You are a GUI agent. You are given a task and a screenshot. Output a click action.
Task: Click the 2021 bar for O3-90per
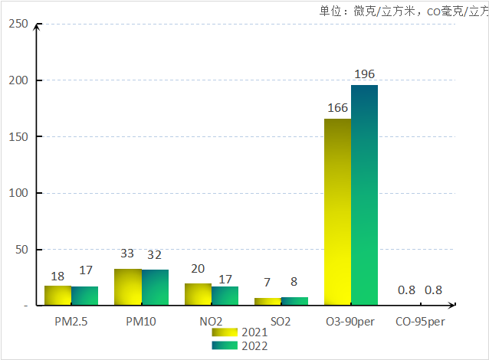coord(337,211)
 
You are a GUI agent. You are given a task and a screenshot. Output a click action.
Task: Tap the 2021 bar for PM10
coord(128,286)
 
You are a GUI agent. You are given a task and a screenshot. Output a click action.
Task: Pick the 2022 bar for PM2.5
coord(85,296)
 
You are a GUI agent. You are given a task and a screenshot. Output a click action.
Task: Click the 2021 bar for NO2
coord(198,294)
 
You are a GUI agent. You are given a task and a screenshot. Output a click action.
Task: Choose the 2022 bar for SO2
coord(294,301)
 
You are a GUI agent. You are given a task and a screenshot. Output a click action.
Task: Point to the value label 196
coord(365,74)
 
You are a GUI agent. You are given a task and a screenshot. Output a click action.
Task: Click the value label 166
coord(338,108)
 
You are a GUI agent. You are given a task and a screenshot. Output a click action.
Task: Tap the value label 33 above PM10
coord(127,254)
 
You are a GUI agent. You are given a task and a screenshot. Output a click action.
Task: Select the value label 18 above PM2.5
coord(57,276)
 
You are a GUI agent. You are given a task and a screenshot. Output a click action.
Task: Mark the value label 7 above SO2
coord(267,283)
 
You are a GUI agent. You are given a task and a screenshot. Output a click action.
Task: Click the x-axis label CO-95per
coord(420,322)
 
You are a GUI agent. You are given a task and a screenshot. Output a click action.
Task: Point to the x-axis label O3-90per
coord(350,322)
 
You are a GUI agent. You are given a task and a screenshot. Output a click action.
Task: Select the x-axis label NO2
coord(211,322)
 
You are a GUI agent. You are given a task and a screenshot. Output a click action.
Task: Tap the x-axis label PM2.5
coord(71,322)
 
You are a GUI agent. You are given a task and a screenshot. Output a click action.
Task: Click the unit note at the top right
coord(403,11)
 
